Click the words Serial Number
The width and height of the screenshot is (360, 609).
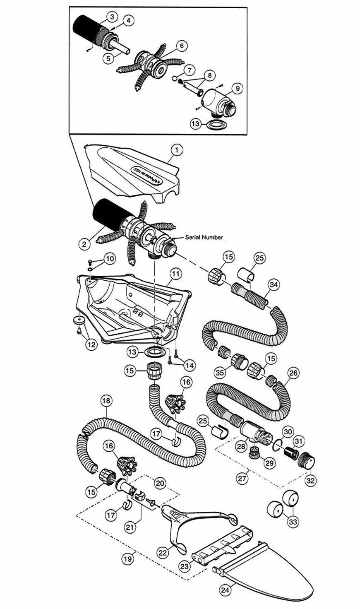tap(204, 237)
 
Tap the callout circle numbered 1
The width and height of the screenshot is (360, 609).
tap(176, 150)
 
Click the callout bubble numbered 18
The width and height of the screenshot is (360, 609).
tap(106, 401)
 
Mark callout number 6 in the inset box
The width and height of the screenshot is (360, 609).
tap(181, 45)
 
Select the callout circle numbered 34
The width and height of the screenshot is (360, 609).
tap(273, 284)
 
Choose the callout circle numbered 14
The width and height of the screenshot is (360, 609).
tap(190, 365)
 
